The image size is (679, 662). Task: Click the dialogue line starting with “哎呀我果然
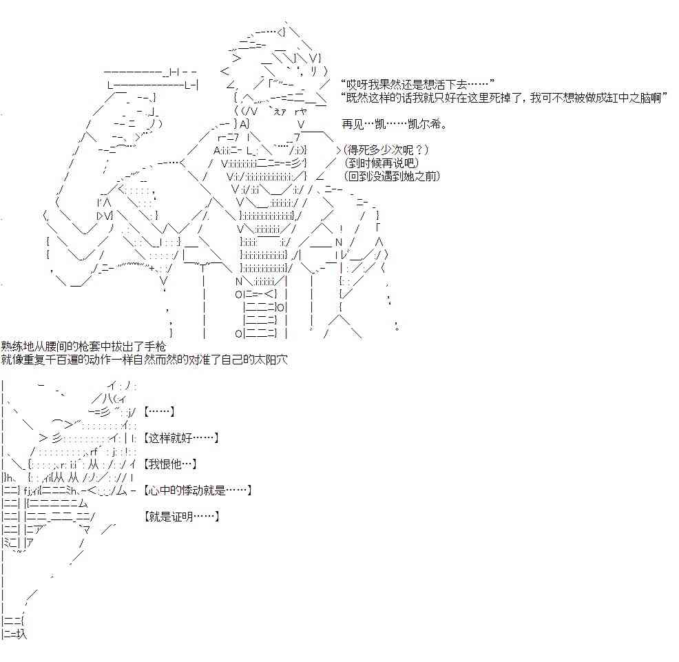(x=417, y=85)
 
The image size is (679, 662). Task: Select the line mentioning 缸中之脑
(x=503, y=98)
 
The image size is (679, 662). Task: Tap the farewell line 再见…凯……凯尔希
(x=394, y=125)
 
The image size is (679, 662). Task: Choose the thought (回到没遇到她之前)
(x=393, y=176)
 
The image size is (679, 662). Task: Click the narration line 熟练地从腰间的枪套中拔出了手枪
(x=83, y=346)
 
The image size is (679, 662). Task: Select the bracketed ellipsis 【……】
(x=159, y=411)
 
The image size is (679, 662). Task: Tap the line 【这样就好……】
(x=181, y=438)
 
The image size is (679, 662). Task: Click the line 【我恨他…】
(x=170, y=464)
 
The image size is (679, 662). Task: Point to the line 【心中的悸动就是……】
(x=198, y=490)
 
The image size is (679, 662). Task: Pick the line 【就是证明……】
(x=181, y=516)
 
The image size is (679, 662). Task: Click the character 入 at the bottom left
(x=21, y=634)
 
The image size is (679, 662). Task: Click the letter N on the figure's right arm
(x=339, y=242)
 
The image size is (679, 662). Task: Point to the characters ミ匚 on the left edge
(x=10, y=542)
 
